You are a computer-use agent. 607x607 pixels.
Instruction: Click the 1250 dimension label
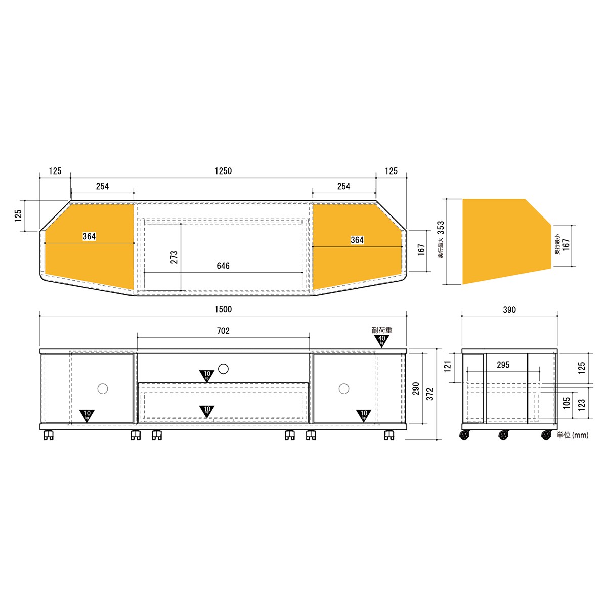[x=223, y=171]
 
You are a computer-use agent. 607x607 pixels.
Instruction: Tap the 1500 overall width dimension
[x=223, y=309]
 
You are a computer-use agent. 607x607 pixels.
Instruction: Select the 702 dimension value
[x=223, y=331]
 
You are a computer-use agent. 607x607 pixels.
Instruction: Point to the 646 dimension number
[x=223, y=266]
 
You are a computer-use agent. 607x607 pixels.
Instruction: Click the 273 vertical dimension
[x=174, y=257]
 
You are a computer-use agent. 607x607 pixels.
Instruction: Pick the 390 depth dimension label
[x=509, y=310]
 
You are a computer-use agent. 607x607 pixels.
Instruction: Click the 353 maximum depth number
[x=441, y=228]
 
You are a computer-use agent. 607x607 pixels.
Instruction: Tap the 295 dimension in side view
[x=503, y=365]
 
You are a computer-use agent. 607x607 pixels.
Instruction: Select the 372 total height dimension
[x=429, y=394]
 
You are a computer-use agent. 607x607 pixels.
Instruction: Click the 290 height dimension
[x=416, y=388]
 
